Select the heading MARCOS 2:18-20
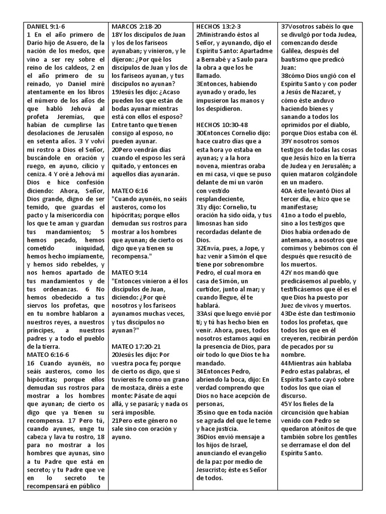(137, 26)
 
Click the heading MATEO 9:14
(130, 272)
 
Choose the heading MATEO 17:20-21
(136, 347)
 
